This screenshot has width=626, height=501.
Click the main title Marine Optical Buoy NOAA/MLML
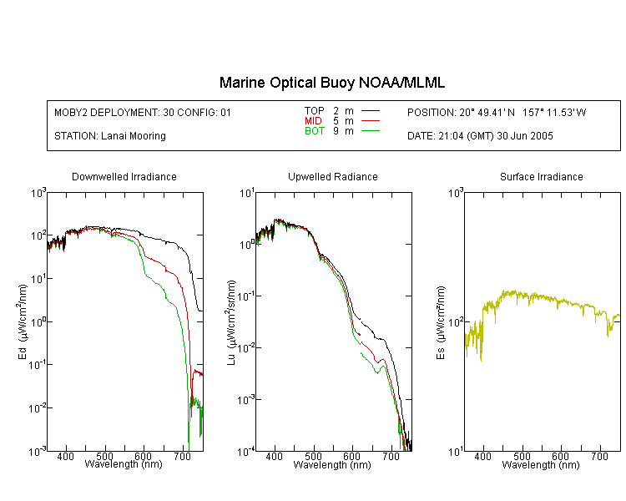point(332,83)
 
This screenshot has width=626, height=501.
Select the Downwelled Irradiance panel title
point(124,176)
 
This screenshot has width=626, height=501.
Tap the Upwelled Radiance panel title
point(333,176)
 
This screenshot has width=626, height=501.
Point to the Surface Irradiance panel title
point(542,176)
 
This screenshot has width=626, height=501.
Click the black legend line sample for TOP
point(371,111)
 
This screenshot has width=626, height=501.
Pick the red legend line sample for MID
point(371,120)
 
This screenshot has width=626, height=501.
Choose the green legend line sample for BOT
point(371,130)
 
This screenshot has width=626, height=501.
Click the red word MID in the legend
point(313,120)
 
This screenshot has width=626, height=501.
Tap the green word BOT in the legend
point(315,131)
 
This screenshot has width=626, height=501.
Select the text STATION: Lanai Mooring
point(110,136)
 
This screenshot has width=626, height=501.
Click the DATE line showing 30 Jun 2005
point(480,136)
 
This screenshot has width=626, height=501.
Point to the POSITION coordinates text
point(497,112)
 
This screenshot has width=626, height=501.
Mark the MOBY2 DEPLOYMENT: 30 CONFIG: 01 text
point(143,112)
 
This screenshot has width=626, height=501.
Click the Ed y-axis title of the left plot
point(22,321)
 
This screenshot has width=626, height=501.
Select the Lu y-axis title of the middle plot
point(230,322)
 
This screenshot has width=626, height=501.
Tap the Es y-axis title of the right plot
point(440,322)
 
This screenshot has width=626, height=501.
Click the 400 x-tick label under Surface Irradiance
point(482,456)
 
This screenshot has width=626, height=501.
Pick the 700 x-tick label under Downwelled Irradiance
point(183,456)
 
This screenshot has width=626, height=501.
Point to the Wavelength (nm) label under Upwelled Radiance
point(332,464)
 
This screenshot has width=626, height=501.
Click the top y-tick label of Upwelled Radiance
point(247,194)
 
